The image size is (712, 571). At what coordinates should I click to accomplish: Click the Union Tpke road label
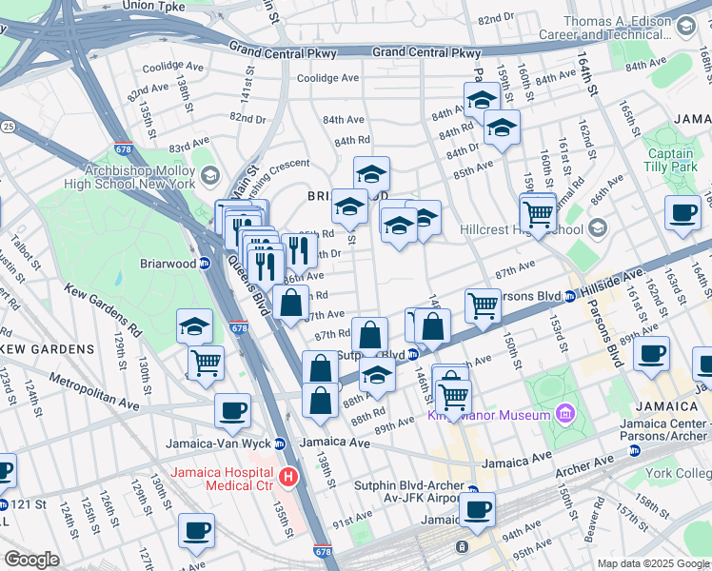(x=153, y=6)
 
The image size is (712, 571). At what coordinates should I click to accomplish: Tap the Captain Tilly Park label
(x=670, y=160)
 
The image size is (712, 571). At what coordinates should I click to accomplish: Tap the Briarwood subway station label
(x=168, y=264)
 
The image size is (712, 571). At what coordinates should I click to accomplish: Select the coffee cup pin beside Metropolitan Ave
(x=232, y=411)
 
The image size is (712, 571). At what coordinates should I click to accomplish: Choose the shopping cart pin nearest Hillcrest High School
(x=538, y=214)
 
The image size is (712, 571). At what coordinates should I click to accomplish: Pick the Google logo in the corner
(x=32, y=560)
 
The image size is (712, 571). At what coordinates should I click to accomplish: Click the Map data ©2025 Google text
(x=653, y=563)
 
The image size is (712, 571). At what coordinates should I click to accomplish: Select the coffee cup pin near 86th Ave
(x=682, y=213)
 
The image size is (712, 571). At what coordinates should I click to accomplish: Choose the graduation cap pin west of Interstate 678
(x=194, y=326)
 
